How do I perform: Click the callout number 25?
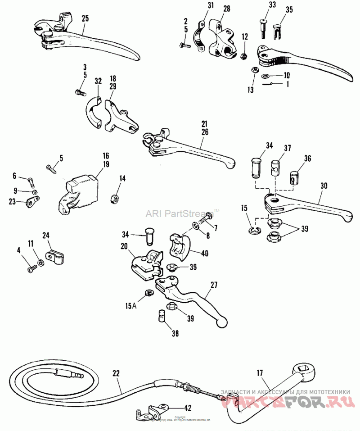tap(85, 18)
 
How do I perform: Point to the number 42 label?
tap(188, 408)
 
